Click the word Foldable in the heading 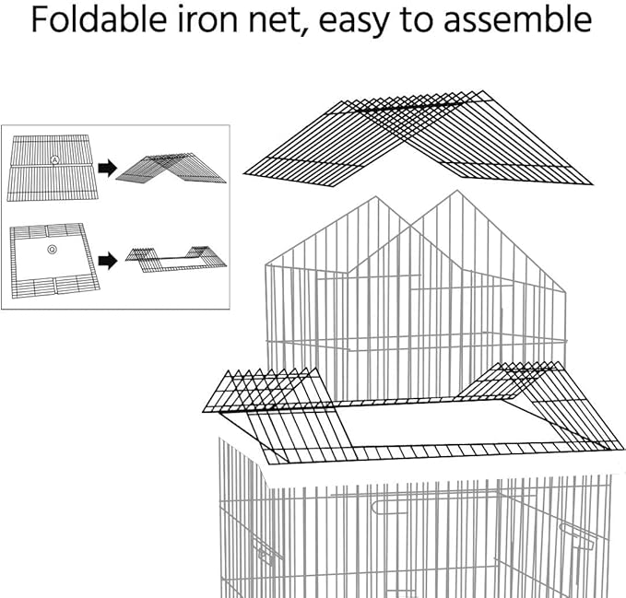point(99,19)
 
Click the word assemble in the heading point(518,19)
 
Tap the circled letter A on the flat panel point(54,160)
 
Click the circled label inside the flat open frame point(52,250)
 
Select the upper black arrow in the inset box point(107,168)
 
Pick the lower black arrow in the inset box point(107,262)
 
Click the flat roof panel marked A point(52,168)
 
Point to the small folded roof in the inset point(171,168)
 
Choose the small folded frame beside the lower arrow point(176,259)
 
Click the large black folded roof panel point(418,138)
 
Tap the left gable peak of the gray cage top point(375,196)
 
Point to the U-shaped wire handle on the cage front point(389,507)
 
